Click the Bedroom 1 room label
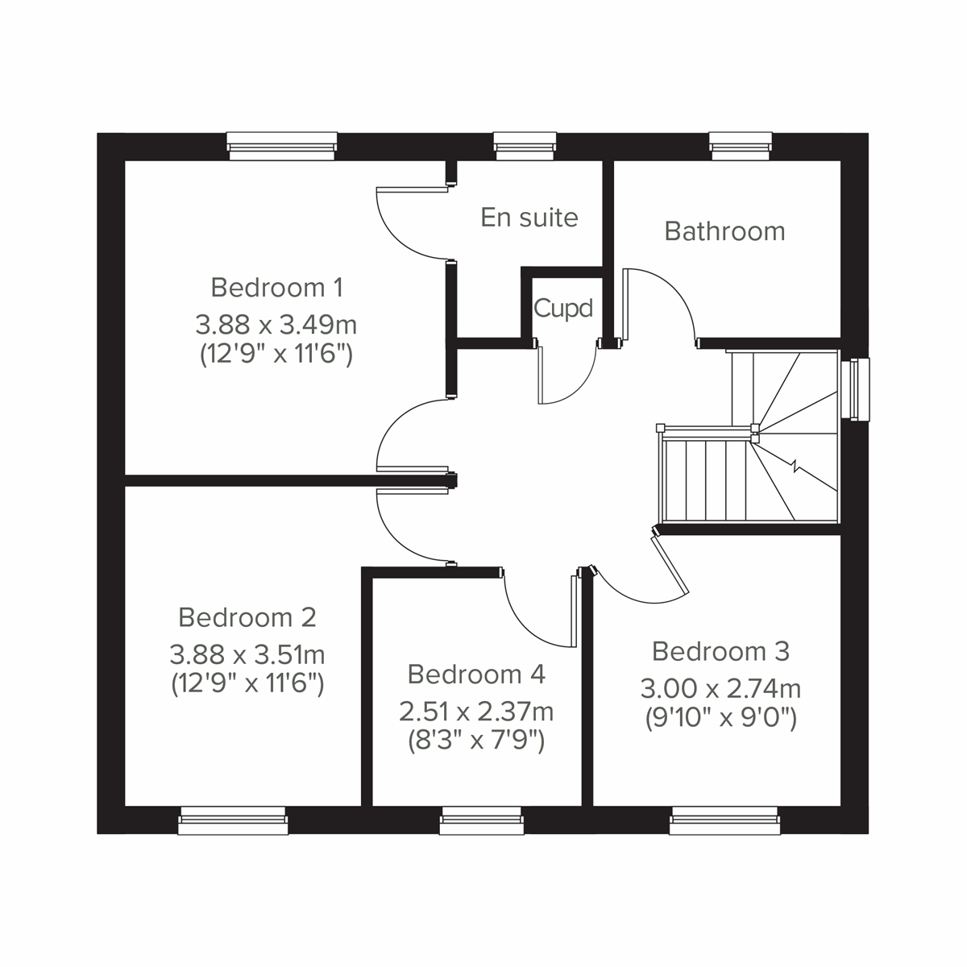(x=276, y=287)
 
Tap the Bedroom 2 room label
(x=247, y=618)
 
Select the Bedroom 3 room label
(x=720, y=651)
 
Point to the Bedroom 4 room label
(x=476, y=674)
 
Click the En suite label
(x=529, y=218)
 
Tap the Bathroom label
(x=724, y=231)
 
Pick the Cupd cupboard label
(x=563, y=308)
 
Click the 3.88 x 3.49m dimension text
(x=276, y=326)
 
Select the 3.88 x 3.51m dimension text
(x=247, y=654)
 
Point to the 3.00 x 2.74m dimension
(x=720, y=689)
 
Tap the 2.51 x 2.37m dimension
(x=476, y=712)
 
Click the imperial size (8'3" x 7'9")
(x=476, y=740)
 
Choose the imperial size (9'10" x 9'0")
(x=720, y=717)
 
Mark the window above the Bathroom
(x=741, y=145)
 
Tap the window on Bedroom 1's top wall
(x=281, y=145)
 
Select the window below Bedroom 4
(x=482, y=820)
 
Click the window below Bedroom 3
(x=724, y=820)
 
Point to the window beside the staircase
(x=853, y=389)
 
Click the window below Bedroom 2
(x=233, y=820)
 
